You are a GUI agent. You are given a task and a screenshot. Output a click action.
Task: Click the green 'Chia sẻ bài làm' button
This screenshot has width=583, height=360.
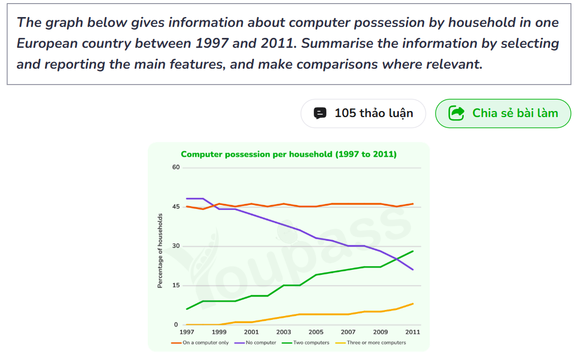click(503, 113)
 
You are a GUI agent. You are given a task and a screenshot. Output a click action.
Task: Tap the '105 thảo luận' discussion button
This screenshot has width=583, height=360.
click(363, 113)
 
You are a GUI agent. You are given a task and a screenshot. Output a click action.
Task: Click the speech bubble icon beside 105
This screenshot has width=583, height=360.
click(320, 113)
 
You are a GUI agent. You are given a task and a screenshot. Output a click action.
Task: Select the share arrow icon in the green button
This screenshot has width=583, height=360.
click(456, 113)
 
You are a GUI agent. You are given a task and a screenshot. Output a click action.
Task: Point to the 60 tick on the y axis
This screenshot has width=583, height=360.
click(176, 167)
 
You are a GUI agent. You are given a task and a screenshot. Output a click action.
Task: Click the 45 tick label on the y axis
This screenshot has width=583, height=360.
click(176, 207)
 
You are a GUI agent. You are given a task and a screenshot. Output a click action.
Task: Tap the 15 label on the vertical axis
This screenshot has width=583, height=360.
click(176, 286)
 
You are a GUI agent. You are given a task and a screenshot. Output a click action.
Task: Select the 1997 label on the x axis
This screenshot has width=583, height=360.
click(187, 332)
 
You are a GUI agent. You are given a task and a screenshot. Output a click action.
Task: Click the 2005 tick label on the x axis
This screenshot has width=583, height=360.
click(315, 332)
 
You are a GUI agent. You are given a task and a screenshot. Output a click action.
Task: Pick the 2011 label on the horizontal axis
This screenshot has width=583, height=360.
click(413, 332)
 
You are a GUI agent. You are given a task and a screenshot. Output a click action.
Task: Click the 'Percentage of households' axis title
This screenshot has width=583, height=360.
click(160, 251)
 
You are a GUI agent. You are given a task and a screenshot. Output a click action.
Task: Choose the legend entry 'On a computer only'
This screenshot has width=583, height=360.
click(200, 342)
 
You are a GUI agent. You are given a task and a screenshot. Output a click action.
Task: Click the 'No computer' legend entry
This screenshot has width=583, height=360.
click(256, 342)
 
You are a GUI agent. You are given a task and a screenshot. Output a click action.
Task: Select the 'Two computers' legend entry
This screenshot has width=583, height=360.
click(306, 342)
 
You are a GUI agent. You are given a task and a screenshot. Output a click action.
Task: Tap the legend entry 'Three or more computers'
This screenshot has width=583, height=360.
click(371, 342)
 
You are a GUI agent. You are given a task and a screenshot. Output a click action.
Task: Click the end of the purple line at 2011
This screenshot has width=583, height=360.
click(413, 270)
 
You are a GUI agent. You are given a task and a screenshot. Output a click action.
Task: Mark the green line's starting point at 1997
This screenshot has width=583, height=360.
click(187, 309)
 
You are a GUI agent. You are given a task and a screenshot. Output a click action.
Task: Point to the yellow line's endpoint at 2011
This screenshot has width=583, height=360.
click(413, 304)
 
